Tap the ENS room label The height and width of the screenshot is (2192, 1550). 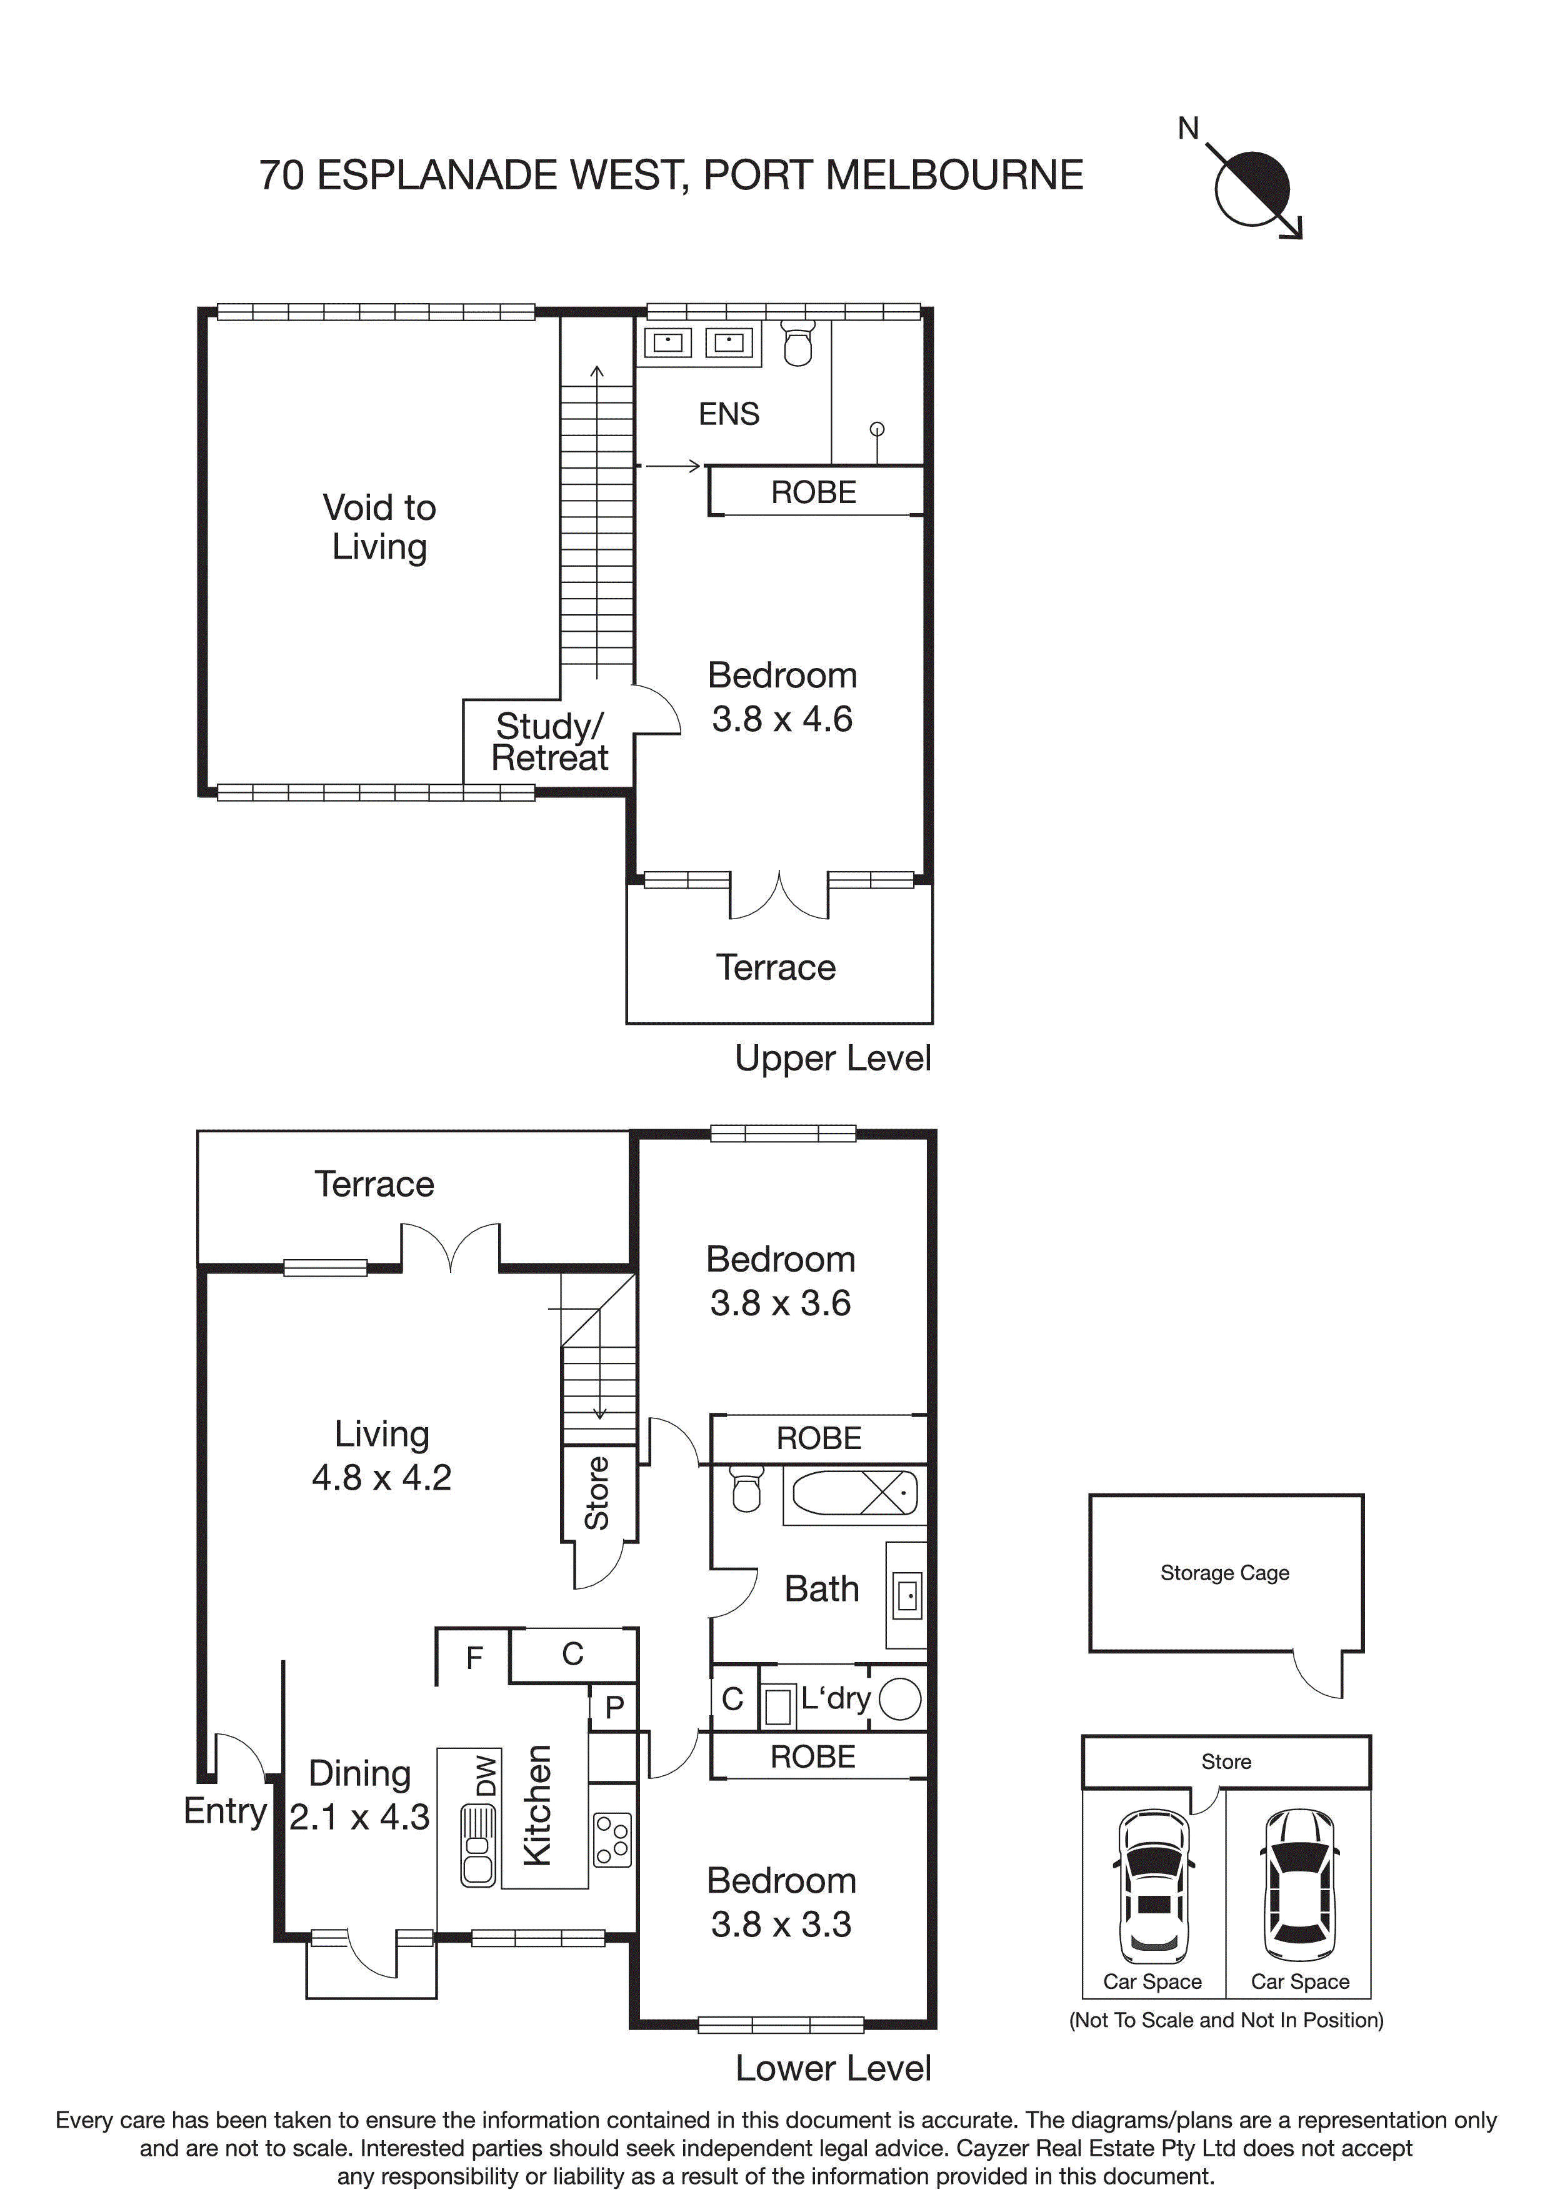point(729,414)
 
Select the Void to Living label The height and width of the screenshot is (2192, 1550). point(379,527)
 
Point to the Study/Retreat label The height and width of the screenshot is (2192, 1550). point(549,742)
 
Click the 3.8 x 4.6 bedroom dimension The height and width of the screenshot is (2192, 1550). point(781,719)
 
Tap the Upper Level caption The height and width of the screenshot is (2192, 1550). point(832,1058)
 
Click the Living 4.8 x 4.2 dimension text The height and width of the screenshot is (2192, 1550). point(381,1477)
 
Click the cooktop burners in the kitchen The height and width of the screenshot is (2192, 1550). point(612,1840)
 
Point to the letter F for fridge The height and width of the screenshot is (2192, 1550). point(474,1659)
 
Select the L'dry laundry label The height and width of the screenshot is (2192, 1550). point(836,1698)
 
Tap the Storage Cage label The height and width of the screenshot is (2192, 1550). point(1224,1572)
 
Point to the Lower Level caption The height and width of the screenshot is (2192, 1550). point(832,2068)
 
